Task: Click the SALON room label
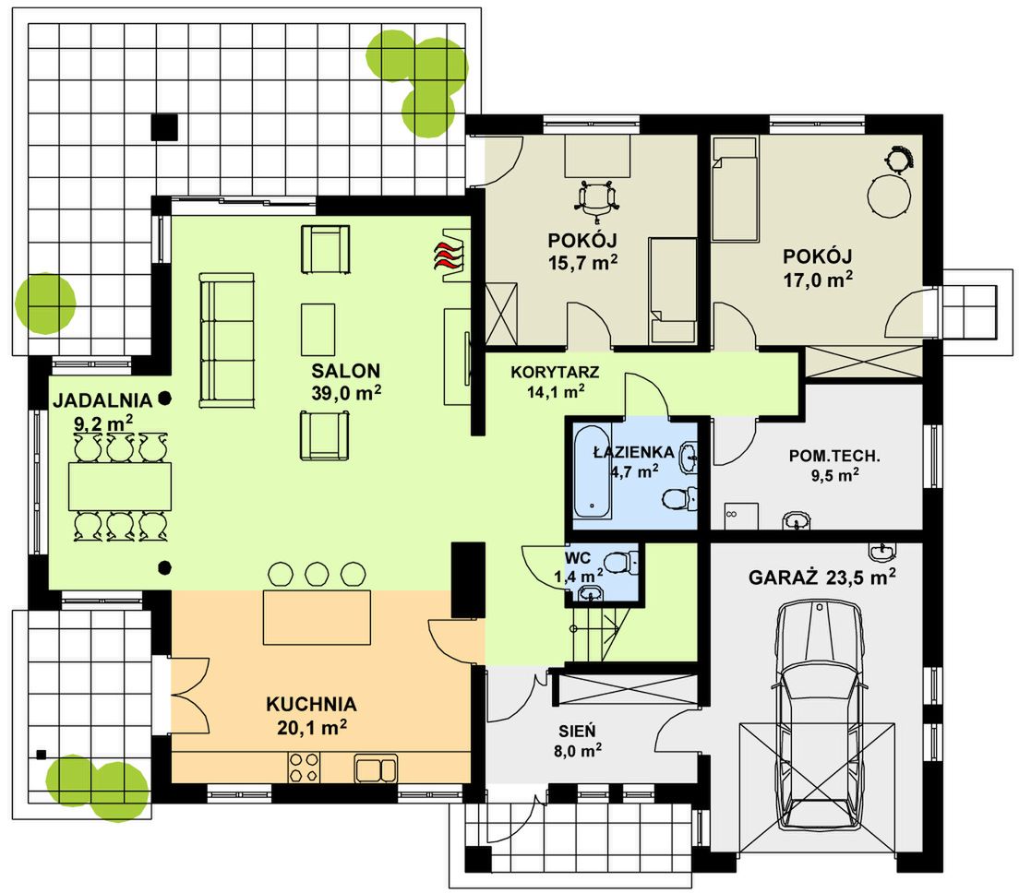345,371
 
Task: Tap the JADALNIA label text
102,400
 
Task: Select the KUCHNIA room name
311,704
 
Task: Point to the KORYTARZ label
555,372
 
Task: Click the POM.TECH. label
834,456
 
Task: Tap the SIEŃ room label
577,732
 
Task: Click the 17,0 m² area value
818,280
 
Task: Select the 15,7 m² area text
582,262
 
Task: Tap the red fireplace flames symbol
449,255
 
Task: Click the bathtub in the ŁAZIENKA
592,471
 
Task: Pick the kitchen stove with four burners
305,767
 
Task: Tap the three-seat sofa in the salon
226,340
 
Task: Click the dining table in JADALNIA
120,486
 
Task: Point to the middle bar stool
318,574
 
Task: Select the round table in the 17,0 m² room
888,195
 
